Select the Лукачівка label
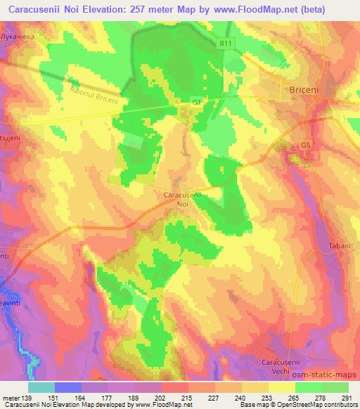click(18, 35)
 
